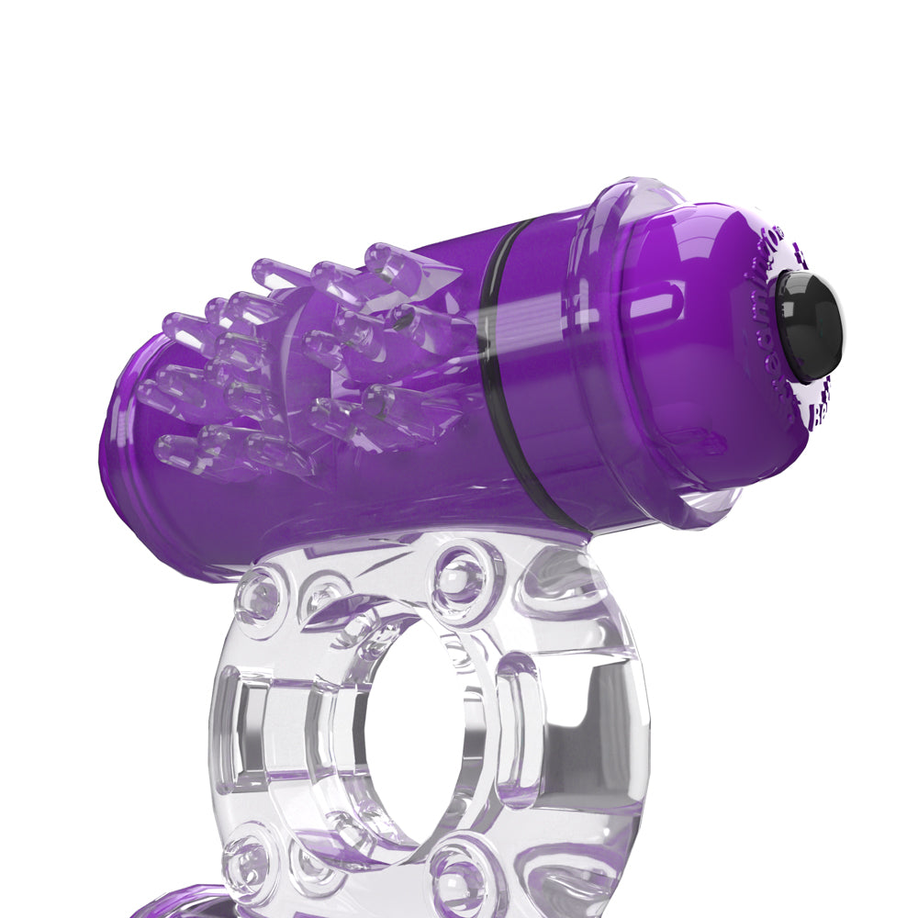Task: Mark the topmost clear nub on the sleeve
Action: point(386,257)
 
